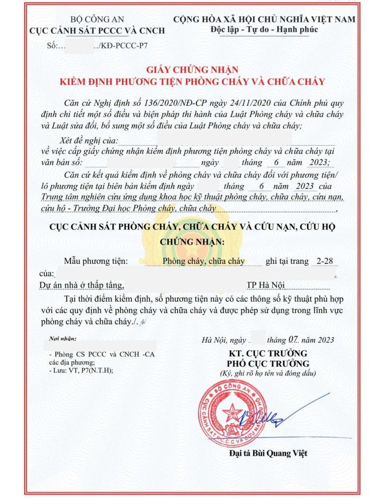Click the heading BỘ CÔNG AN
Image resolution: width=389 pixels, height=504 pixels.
[x=97, y=20]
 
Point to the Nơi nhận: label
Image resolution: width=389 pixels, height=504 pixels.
[x=63, y=340]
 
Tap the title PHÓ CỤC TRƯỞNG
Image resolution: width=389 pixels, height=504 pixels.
[x=268, y=364]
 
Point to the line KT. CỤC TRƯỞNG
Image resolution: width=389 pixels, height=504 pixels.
[x=268, y=354]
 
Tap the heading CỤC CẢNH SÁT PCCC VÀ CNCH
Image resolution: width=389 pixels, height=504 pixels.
[x=97, y=31]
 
